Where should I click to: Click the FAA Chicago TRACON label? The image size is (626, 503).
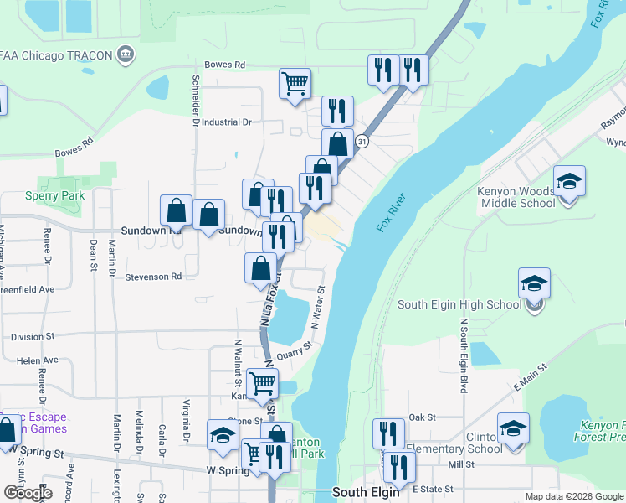coord(56,55)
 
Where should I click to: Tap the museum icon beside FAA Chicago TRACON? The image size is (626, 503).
coord(126,55)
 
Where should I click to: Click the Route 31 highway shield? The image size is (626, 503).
coord(361,143)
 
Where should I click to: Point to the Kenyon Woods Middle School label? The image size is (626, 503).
coord(516,197)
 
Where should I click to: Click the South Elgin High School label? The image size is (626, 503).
coord(459,305)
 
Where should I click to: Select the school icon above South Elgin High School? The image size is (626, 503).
coord(534,284)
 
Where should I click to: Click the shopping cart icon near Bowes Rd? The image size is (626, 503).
coord(295,84)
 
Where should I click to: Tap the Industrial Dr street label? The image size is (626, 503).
coord(224,122)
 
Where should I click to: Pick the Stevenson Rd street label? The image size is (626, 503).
coord(153,277)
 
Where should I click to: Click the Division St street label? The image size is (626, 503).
coord(33,336)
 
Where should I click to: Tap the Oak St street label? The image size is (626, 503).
coord(423,417)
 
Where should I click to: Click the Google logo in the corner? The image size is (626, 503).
coord(27,492)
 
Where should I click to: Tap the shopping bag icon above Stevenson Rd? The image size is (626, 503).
coord(260,269)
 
